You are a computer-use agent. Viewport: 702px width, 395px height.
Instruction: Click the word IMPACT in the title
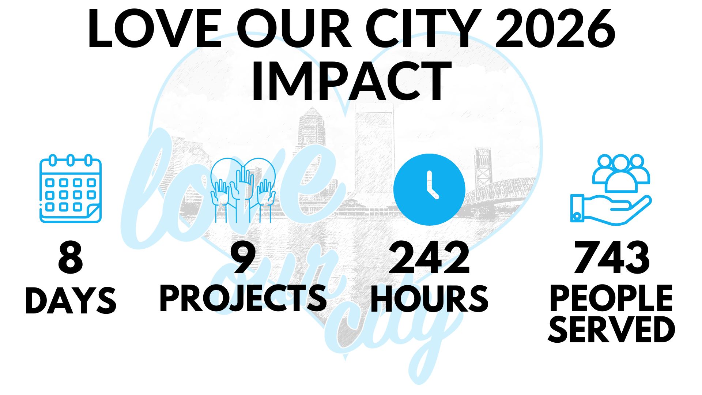[x=351, y=81]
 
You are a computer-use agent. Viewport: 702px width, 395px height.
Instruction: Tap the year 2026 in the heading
[x=555, y=29]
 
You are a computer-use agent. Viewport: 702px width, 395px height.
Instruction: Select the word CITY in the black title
[x=424, y=29]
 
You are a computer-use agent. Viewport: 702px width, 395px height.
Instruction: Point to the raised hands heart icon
[x=243, y=190]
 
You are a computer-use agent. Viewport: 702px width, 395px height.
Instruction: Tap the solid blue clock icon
[x=429, y=189]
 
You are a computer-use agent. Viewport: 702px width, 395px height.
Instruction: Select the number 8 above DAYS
[x=71, y=257]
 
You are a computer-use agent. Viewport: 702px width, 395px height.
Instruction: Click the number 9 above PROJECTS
[x=244, y=257]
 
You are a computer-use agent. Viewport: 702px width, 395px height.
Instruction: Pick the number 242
[x=429, y=257]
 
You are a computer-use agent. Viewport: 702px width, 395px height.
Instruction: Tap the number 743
[x=612, y=257]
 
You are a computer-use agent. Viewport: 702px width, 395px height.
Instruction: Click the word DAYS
[x=71, y=300]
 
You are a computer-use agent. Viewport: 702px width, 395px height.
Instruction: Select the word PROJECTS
[x=244, y=298]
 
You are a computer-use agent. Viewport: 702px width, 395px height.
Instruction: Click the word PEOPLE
[x=611, y=298]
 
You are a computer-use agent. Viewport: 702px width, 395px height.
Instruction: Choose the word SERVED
[x=611, y=329]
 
